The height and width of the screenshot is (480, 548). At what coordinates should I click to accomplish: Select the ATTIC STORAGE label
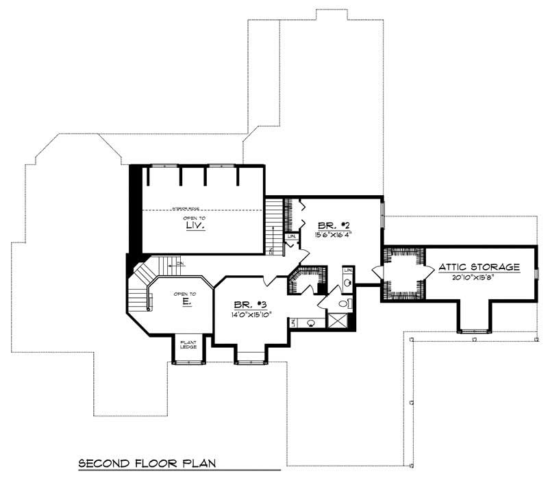pos(479,266)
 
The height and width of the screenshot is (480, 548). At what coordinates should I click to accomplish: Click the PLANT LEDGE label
pos(188,344)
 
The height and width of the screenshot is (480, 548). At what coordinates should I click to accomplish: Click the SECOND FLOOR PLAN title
pos(147,463)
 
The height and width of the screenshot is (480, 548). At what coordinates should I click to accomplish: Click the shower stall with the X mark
pos(337,320)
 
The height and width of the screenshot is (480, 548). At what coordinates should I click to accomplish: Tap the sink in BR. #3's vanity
pos(311,322)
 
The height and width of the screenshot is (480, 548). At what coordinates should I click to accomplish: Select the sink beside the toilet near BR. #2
pos(347,282)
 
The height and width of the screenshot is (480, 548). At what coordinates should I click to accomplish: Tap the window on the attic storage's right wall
pos(536,273)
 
